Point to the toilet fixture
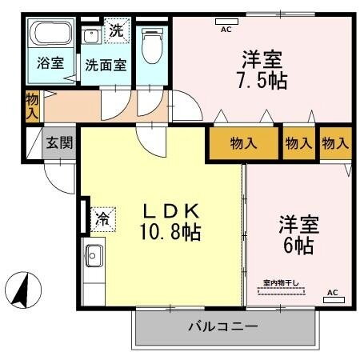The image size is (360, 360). pyautogui.click(x=150, y=46)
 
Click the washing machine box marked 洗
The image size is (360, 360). pyautogui.click(x=117, y=32)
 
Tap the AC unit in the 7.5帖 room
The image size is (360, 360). pyautogui.click(x=226, y=23)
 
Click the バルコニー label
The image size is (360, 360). pyautogui.click(x=223, y=326)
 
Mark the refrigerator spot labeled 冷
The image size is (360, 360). pyautogui.click(x=103, y=217)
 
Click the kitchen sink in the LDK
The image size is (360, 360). pyautogui.click(x=92, y=256)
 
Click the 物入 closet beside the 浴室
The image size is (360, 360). pyautogui.click(x=32, y=106)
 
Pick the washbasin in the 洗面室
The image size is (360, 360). pyautogui.click(x=92, y=34)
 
